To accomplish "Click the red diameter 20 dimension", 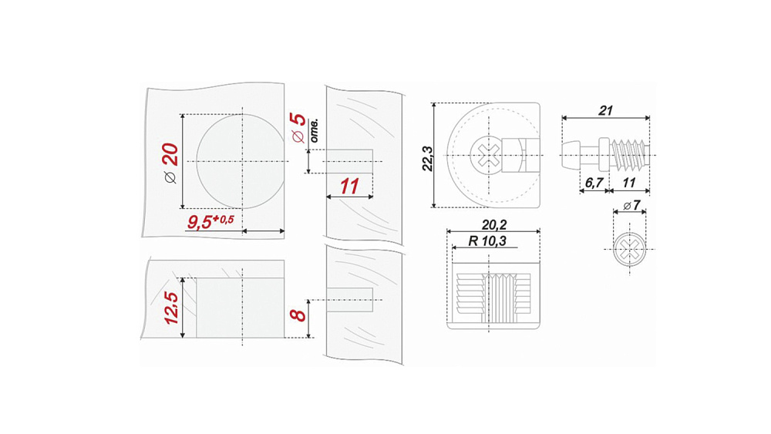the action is [170, 163].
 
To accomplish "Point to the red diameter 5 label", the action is [298, 128].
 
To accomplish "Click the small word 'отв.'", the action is [315, 130].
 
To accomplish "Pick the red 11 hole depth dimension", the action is [349, 187].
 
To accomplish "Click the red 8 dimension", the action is [298, 315].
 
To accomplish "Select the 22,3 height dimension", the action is [427, 159].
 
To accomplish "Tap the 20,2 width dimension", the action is [493, 224].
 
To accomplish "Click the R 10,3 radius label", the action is [487, 241].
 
